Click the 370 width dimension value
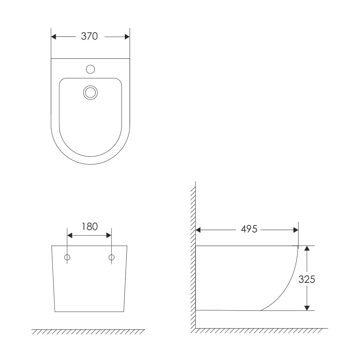[x=89, y=36]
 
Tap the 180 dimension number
[x=90, y=227]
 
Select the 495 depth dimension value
[x=249, y=229]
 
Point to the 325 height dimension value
[x=307, y=280]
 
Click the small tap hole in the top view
[x=90, y=69]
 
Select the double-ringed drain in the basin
[x=90, y=92]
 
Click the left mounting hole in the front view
[x=67, y=257]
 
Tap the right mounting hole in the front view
[x=112, y=257]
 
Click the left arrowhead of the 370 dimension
[x=54, y=37]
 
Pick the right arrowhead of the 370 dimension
[x=127, y=37]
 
